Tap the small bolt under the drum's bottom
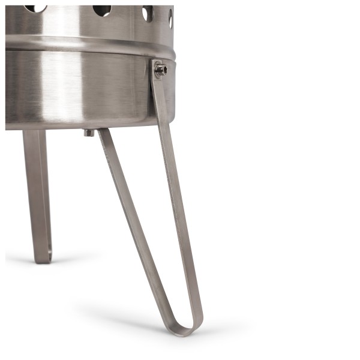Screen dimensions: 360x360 [89, 132]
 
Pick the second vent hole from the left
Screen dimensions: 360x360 [102, 9]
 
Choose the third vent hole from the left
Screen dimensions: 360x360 [148, 13]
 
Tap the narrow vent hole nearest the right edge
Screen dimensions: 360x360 [170, 18]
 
